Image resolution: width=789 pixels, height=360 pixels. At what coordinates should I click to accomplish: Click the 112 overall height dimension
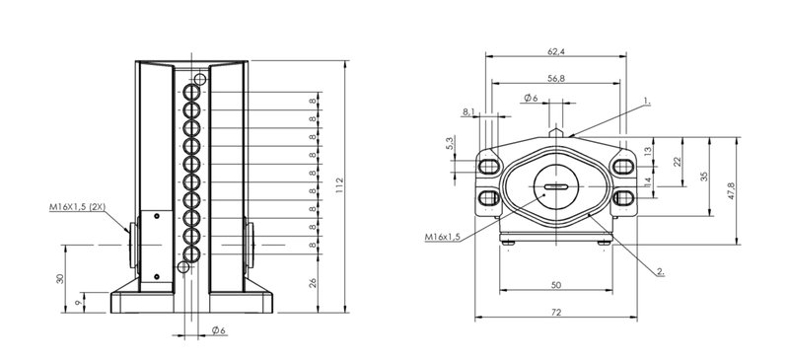pos(339,183)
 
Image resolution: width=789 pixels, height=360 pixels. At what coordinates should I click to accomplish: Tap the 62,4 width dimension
pos(555,51)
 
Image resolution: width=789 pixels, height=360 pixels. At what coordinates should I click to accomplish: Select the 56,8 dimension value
pos(555,78)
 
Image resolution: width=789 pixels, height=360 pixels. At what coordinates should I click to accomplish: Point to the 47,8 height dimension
pos(731,190)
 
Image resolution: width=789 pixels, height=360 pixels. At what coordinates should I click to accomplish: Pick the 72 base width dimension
pos(555,313)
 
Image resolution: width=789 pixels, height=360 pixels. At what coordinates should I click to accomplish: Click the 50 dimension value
pos(555,285)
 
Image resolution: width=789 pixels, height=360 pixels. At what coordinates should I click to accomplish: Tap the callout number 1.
pos(647,102)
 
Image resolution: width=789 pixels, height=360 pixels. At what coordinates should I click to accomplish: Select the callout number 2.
pos(661,272)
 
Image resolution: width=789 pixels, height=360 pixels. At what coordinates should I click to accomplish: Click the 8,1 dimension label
pos(467,112)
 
